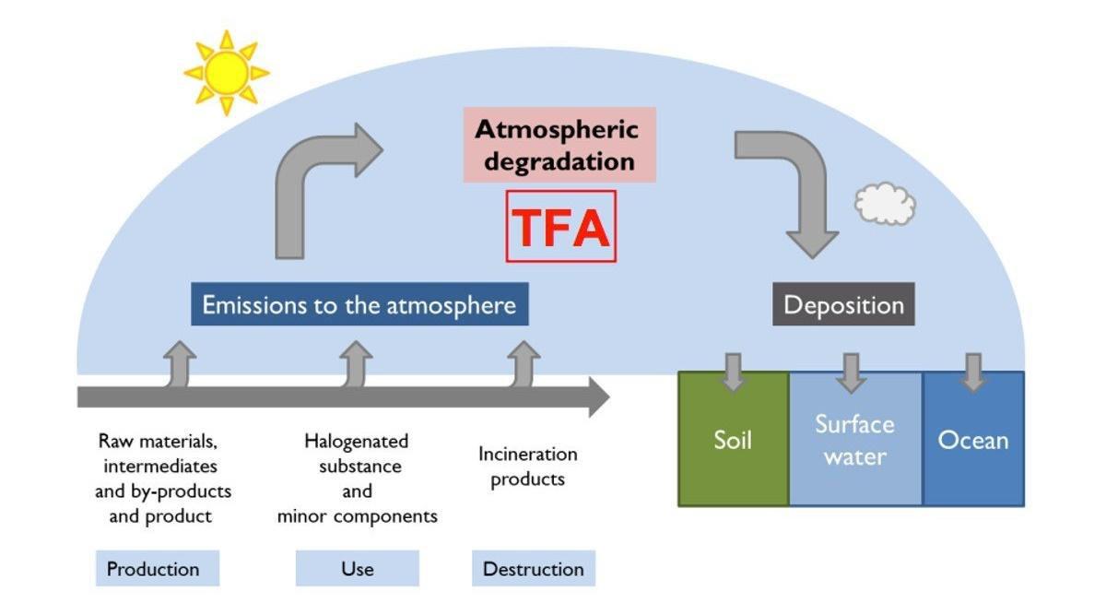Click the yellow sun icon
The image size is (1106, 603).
click(226, 73)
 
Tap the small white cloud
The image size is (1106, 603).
click(885, 204)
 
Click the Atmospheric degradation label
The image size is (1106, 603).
click(557, 145)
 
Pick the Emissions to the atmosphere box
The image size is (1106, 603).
click(359, 305)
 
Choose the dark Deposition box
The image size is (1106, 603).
click(843, 305)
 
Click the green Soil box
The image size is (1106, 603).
click(733, 440)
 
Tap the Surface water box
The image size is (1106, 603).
click(854, 440)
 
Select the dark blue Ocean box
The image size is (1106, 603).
click(973, 440)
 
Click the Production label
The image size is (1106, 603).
click(157, 568)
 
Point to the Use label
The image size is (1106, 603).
click(357, 568)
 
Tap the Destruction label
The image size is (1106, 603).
click(534, 568)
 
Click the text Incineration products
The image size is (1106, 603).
click(527, 467)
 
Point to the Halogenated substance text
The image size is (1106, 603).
click(357, 479)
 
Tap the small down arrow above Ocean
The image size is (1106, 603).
click(972, 370)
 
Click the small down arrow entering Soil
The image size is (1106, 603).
click(733, 370)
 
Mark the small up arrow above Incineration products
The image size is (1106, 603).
click(523, 362)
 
